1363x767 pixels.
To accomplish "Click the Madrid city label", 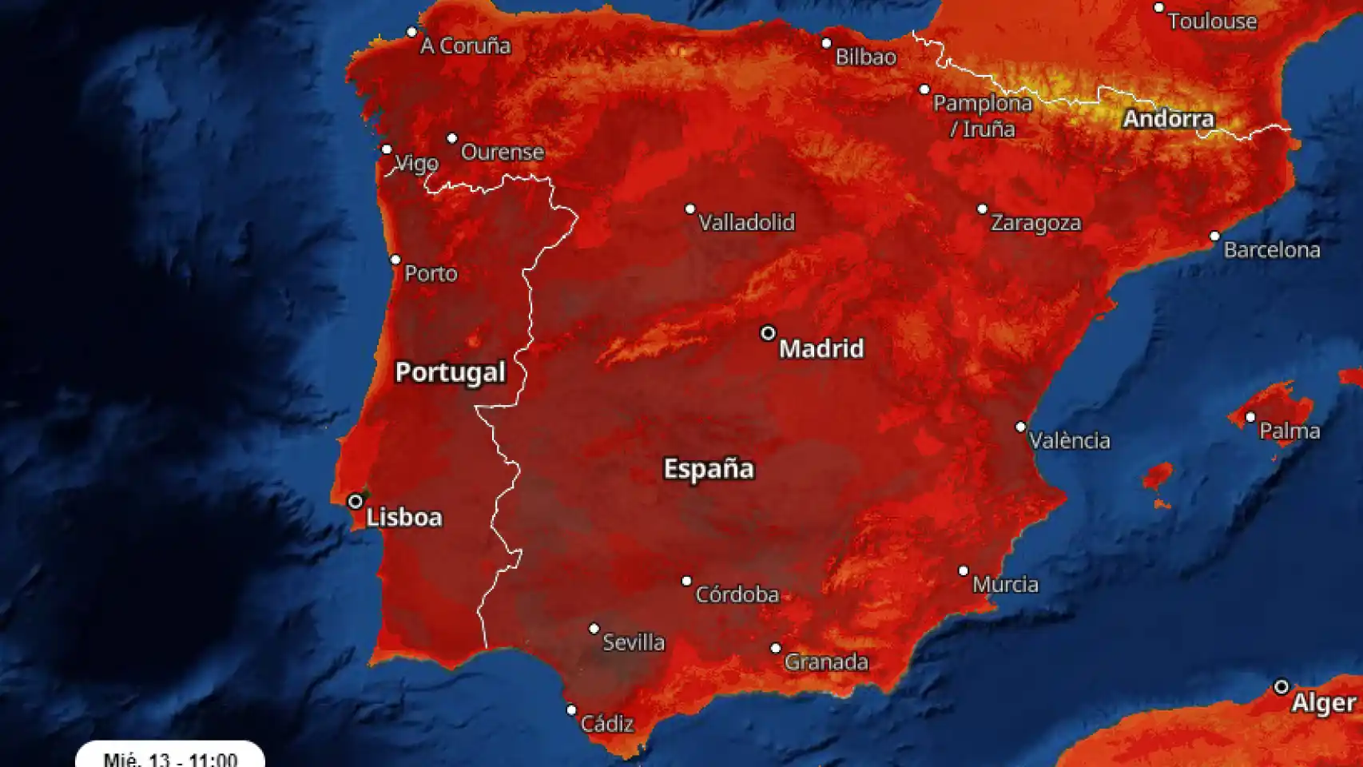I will (821, 348).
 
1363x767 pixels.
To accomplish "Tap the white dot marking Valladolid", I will (690, 209).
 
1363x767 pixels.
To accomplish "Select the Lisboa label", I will (403, 517).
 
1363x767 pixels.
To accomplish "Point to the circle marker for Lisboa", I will (356, 502).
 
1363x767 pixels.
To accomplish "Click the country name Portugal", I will (450, 372).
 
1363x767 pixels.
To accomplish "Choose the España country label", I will (708, 468).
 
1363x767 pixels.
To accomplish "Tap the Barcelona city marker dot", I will (1214, 236).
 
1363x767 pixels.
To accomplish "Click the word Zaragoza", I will (1035, 223).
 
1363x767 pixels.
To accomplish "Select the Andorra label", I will (1168, 119).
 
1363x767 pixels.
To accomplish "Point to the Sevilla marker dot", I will (594, 629).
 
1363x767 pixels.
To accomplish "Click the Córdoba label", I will (737, 594).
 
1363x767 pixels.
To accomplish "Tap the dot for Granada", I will (776, 648).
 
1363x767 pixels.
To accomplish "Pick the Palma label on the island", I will (1289, 431).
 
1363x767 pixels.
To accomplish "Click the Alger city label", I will (1323, 703).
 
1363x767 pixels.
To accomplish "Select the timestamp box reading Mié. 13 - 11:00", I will (170, 757).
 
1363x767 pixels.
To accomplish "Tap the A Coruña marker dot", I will (411, 33).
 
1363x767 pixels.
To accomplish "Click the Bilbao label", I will (865, 57).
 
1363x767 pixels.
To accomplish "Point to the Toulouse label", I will (1212, 22).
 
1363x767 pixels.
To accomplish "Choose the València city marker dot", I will (1020, 427).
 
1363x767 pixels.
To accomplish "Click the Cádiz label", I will (606, 724).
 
